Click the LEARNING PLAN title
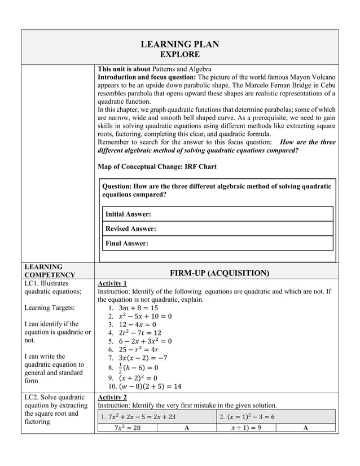179,44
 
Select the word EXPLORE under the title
179,55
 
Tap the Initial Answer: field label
128,214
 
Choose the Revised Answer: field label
131,229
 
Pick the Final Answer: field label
127,244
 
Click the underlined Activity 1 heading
112,283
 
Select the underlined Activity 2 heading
112,398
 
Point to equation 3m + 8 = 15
139,308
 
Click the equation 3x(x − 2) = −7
144,358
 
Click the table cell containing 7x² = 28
128,428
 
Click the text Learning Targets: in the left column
49,307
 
